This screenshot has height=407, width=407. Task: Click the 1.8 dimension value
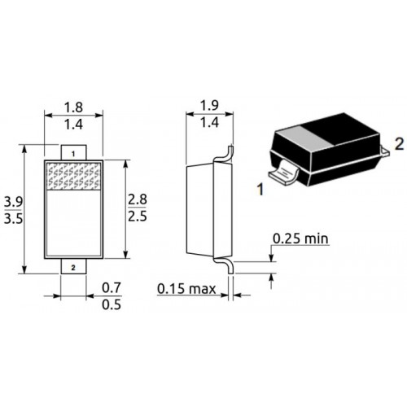(73, 107)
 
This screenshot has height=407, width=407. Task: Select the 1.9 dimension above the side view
(209, 105)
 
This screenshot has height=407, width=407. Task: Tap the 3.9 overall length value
(13, 202)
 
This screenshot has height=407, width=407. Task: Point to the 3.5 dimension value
(13, 219)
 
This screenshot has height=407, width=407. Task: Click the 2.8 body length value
(138, 199)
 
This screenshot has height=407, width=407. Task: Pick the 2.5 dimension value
(138, 217)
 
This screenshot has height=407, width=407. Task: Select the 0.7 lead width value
(112, 288)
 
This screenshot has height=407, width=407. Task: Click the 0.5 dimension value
(112, 304)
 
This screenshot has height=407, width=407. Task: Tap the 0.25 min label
(300, 239)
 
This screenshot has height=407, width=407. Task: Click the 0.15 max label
(186, 289)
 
